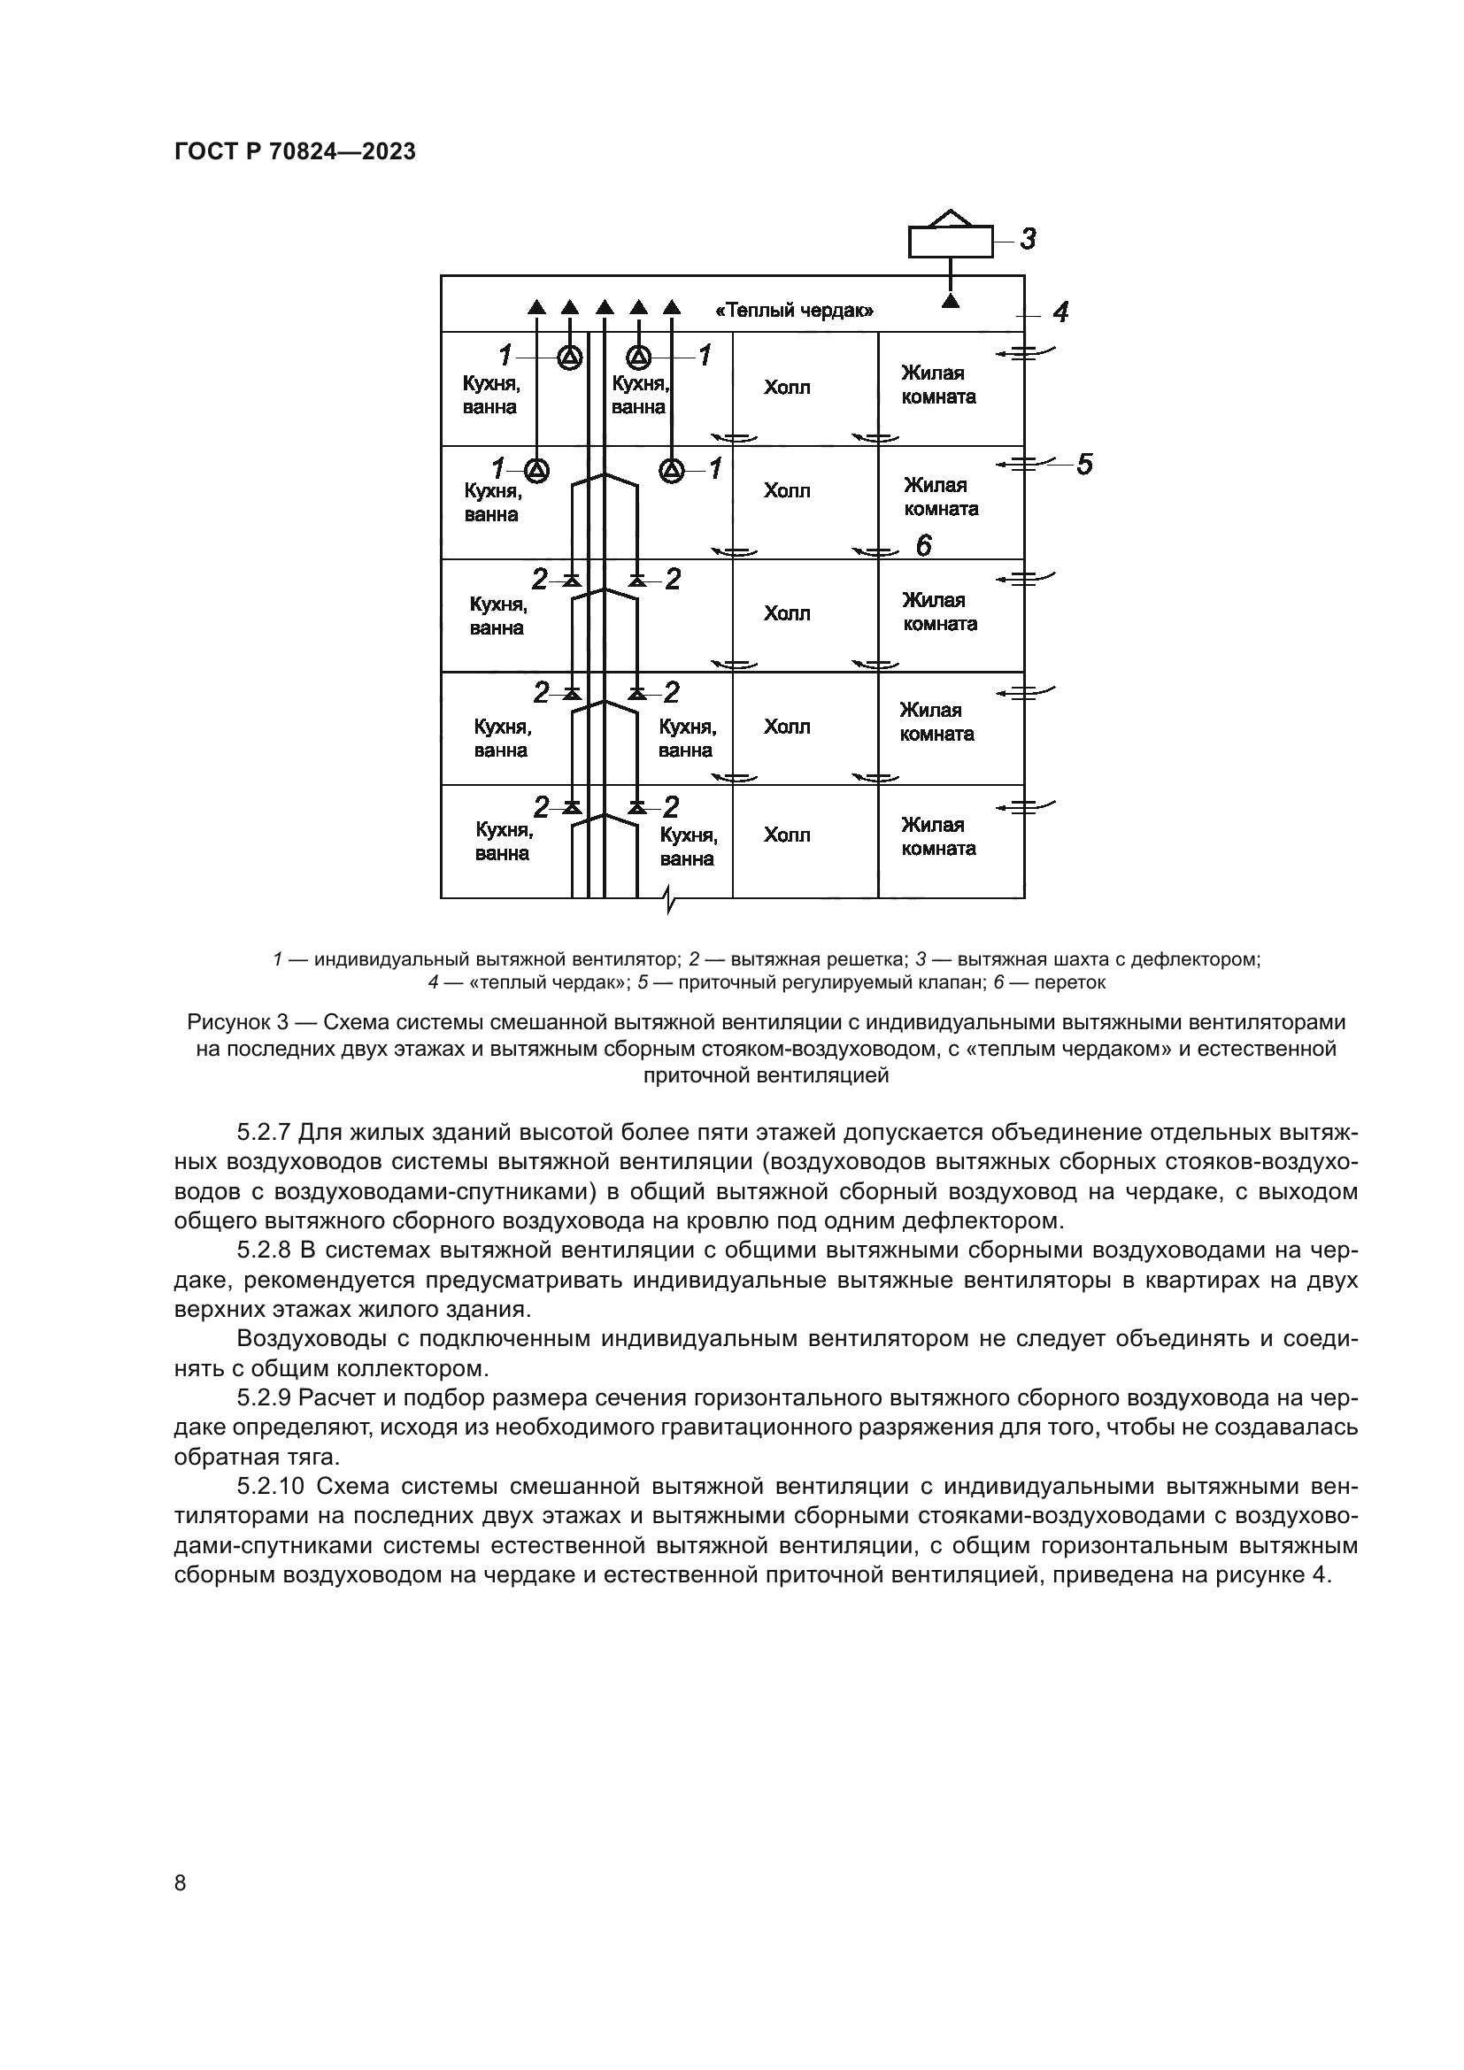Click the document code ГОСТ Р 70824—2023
[x=295, y=152]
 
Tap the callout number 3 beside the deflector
[x=1028, y=239]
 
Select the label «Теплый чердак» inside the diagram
[x=794, y=312]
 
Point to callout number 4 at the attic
[x=1061, y=312]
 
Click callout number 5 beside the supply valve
[x=1084, y=465]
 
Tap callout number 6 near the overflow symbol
[x=924, y=545]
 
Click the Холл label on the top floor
[x=787, y=389]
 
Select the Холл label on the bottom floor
[x=787, y=835]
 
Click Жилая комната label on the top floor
[x=937, y=385]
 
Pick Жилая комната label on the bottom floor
[x=937, y=836]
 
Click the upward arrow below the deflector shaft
[x=950, y=301]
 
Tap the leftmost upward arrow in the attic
[x=536, y=306]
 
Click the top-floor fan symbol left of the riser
[x=569, y=358]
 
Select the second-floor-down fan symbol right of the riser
[x=672, y=470]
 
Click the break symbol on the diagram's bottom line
[x=668, y=899]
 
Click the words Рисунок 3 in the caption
[x=238, y=1023]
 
